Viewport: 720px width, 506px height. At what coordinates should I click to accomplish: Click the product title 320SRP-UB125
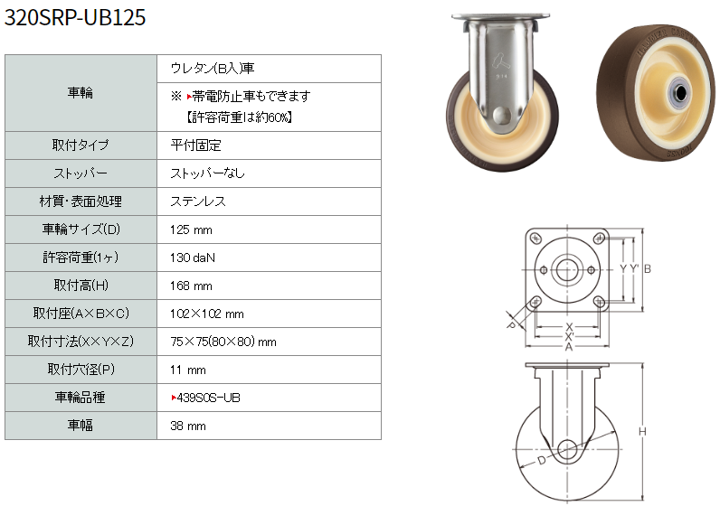click(x=75, y=17)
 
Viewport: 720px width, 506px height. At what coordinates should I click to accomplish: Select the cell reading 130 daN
click(x=193, y=258)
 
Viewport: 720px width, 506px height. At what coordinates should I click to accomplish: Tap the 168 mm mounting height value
click(x=191, y=286)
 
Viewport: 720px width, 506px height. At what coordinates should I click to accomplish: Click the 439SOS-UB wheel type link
click(x=205, y=398)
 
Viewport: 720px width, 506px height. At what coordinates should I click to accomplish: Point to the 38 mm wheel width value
click(x=188, y=426)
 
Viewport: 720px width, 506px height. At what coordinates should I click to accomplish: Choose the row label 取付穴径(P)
click(x=81, y=370)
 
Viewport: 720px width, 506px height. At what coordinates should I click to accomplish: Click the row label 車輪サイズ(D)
click(x=81, y=229)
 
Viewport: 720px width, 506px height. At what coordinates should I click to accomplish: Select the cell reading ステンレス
click(x=198, y=201)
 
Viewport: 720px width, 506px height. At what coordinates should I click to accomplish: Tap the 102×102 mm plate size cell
click(x=206, y=314)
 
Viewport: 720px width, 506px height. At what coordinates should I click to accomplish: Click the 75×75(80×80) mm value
click(x=223, y=342)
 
